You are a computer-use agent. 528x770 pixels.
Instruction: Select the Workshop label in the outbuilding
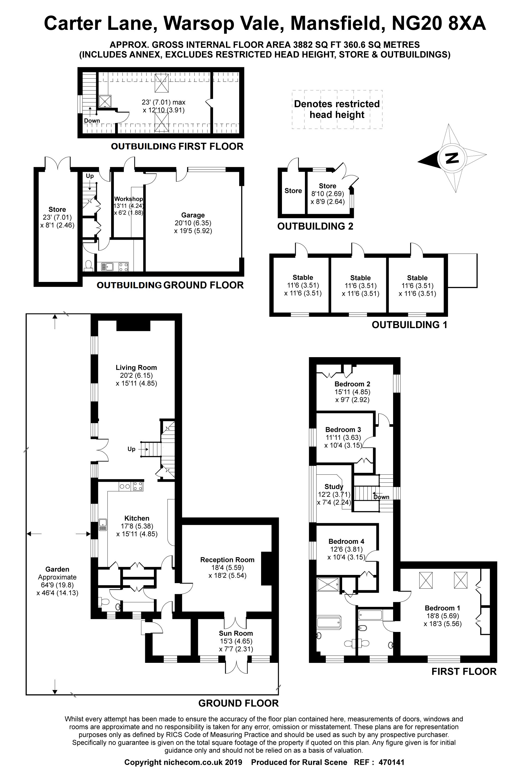pos(129,199)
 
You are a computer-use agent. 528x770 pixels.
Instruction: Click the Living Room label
pos(136,367)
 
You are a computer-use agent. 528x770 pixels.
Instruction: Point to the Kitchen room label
pos(137,518)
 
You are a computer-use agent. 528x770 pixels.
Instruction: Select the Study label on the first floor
pos(334,487)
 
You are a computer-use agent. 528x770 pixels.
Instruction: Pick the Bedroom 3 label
pos(343,429)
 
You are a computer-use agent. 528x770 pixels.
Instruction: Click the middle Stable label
pos(360,278)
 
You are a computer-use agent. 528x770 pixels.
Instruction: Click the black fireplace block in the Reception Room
pos(266,568)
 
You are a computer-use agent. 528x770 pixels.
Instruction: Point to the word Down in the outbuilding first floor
pos(92,121)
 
